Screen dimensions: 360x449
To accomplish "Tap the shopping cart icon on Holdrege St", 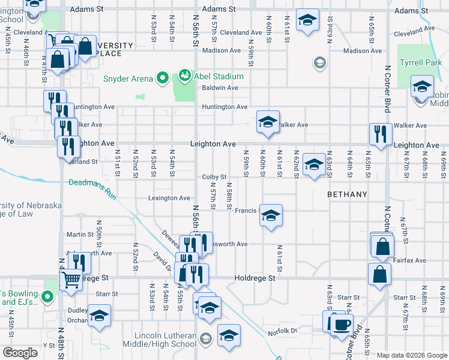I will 71,280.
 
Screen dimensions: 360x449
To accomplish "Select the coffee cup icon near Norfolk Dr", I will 342,324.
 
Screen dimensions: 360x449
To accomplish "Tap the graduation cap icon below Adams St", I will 307,21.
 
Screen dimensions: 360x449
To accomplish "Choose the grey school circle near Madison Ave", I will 319,62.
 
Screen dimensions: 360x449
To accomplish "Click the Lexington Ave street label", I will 169,198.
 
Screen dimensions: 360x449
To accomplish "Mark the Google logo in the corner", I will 21,352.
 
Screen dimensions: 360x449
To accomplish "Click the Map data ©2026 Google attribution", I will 411,355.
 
